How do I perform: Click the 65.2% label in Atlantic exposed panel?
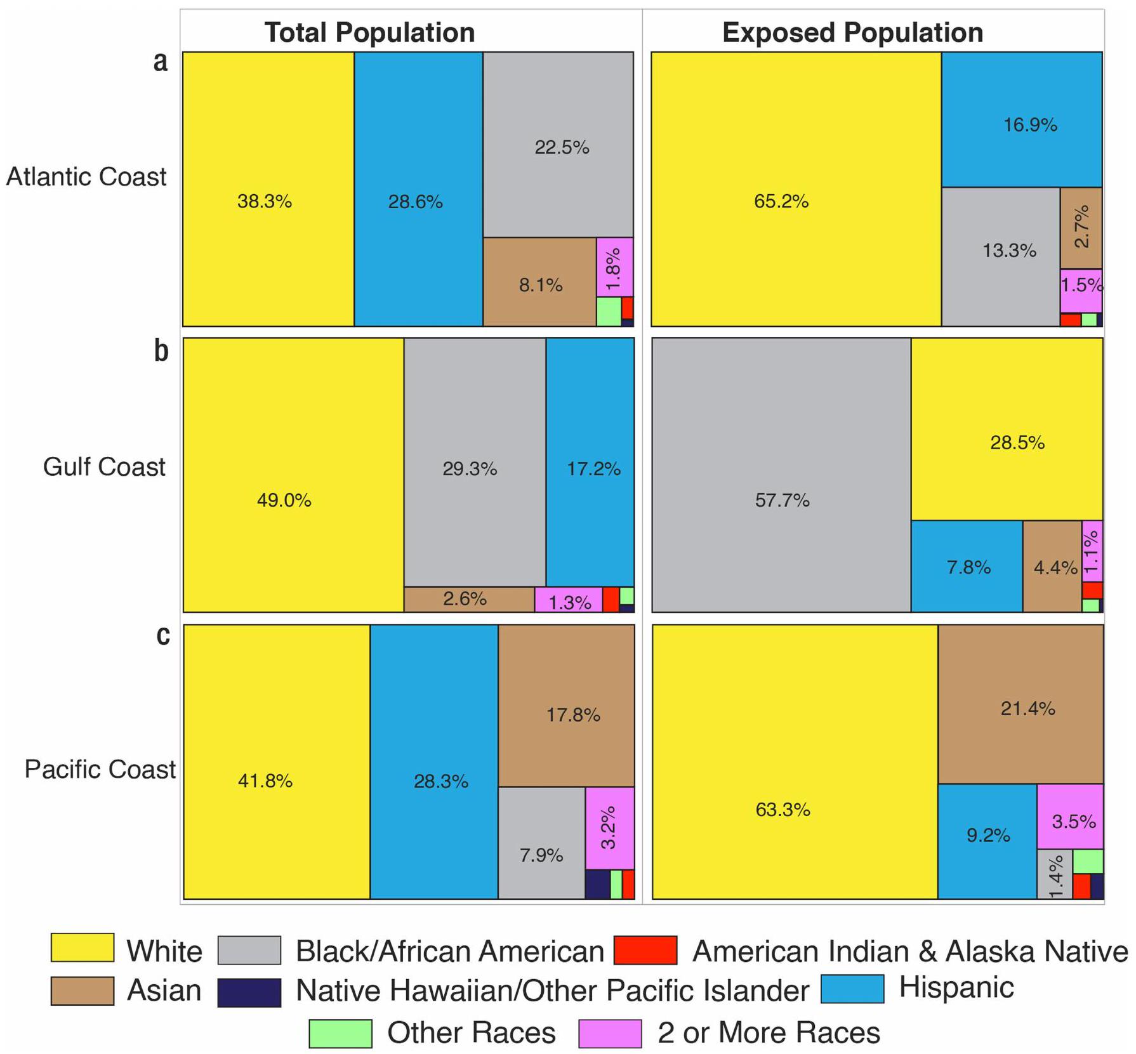coord(781,202)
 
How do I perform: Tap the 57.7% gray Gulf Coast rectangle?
coord(781,475)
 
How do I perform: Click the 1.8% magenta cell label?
coord(613,268)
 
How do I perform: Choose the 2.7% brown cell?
coord(1081,228)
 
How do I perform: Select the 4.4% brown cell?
coord(1052,567)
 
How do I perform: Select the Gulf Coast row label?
coord(104,467)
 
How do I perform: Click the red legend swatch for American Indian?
coord(645,950)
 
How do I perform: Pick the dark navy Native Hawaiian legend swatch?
coord(249,992)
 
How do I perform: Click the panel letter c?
coord(163,635)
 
